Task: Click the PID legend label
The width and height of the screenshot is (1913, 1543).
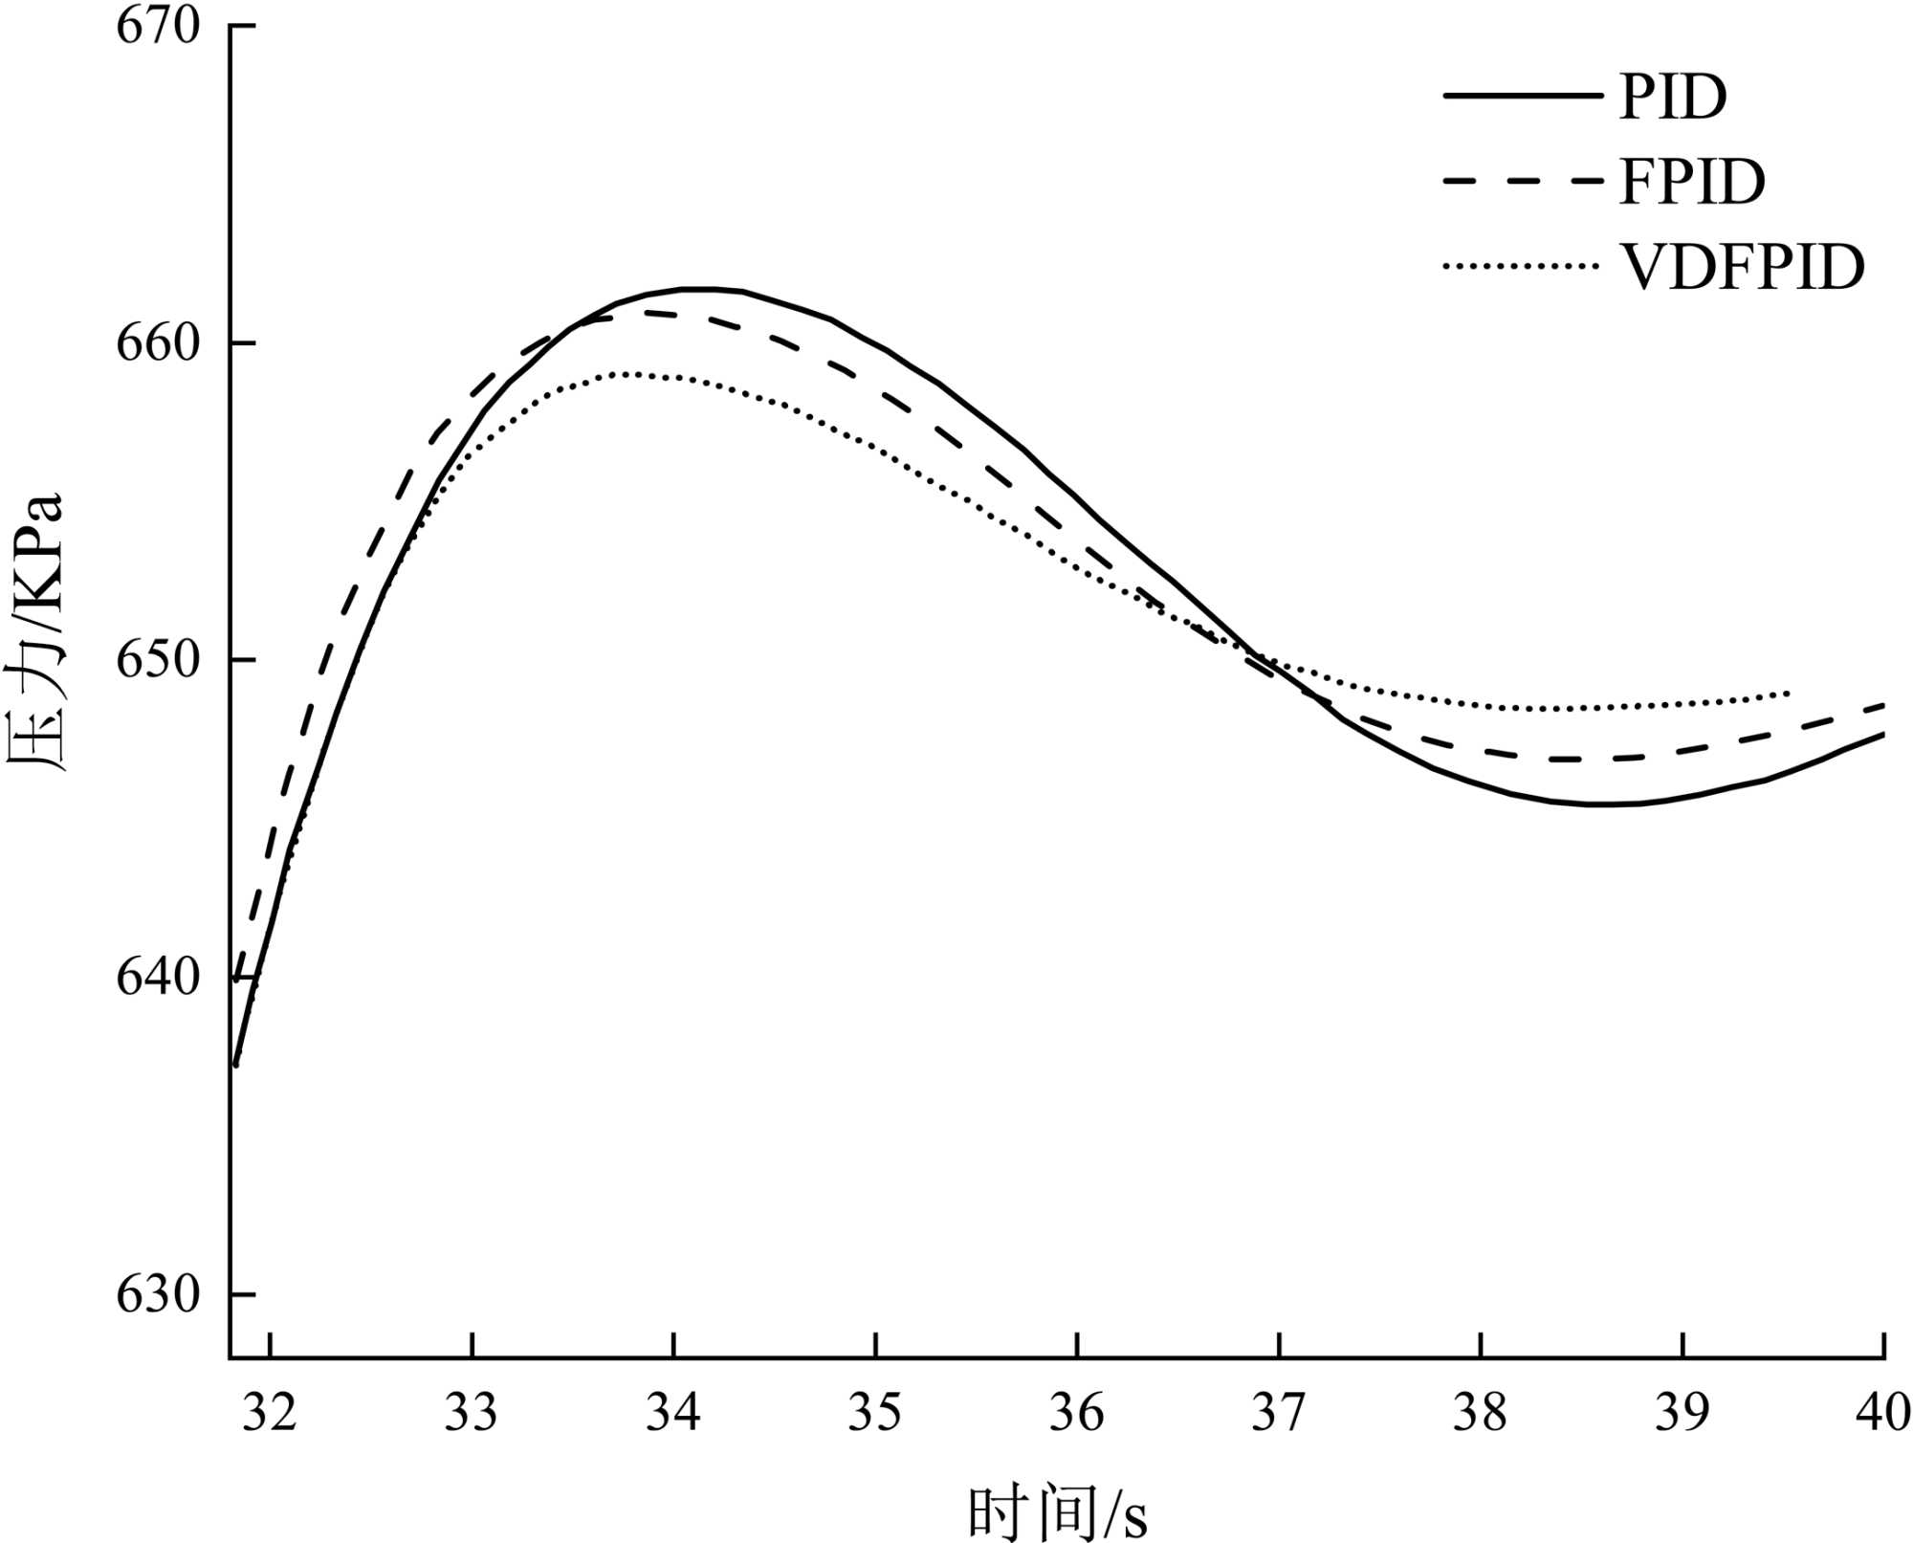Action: [1673, 97]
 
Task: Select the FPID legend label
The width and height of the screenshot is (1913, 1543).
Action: [1692, 182]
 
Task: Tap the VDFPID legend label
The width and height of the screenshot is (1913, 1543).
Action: [1742, 267]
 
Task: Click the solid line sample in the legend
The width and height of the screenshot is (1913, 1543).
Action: [1521, 97]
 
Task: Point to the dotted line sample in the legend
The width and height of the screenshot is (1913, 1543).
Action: [1521, 267]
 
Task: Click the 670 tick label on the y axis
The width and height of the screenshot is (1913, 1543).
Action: [158, 26]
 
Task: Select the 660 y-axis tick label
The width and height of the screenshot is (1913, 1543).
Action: [158, 343]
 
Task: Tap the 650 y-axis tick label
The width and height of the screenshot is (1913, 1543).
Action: [158, 660]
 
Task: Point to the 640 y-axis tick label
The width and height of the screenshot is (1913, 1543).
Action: [158, 978]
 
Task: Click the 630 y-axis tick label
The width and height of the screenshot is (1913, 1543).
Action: [158, 1294]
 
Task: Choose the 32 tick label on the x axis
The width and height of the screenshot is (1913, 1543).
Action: [270, 1413]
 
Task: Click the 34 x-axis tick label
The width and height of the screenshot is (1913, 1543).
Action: [673, 1413]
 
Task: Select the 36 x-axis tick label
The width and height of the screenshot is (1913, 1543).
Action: [1077, 1413]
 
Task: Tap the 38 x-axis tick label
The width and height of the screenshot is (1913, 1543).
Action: [1481, 1413]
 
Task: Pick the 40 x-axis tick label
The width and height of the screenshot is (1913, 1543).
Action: [1882, 1413]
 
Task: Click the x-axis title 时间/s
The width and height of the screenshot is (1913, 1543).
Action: [1056, 1511]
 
